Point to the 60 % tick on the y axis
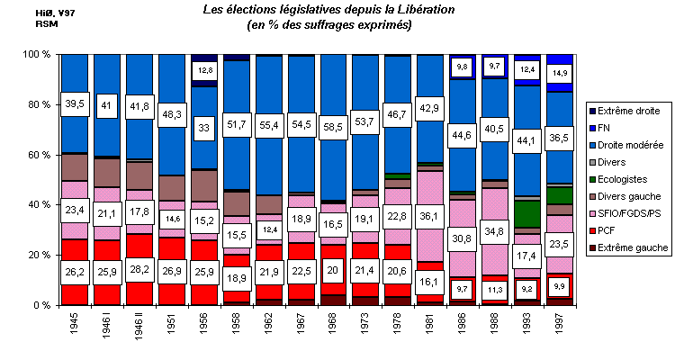(33, 155)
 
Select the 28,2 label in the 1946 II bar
(139, 268)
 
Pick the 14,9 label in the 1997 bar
(559, 72)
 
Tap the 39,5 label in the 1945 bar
(75, 105)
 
